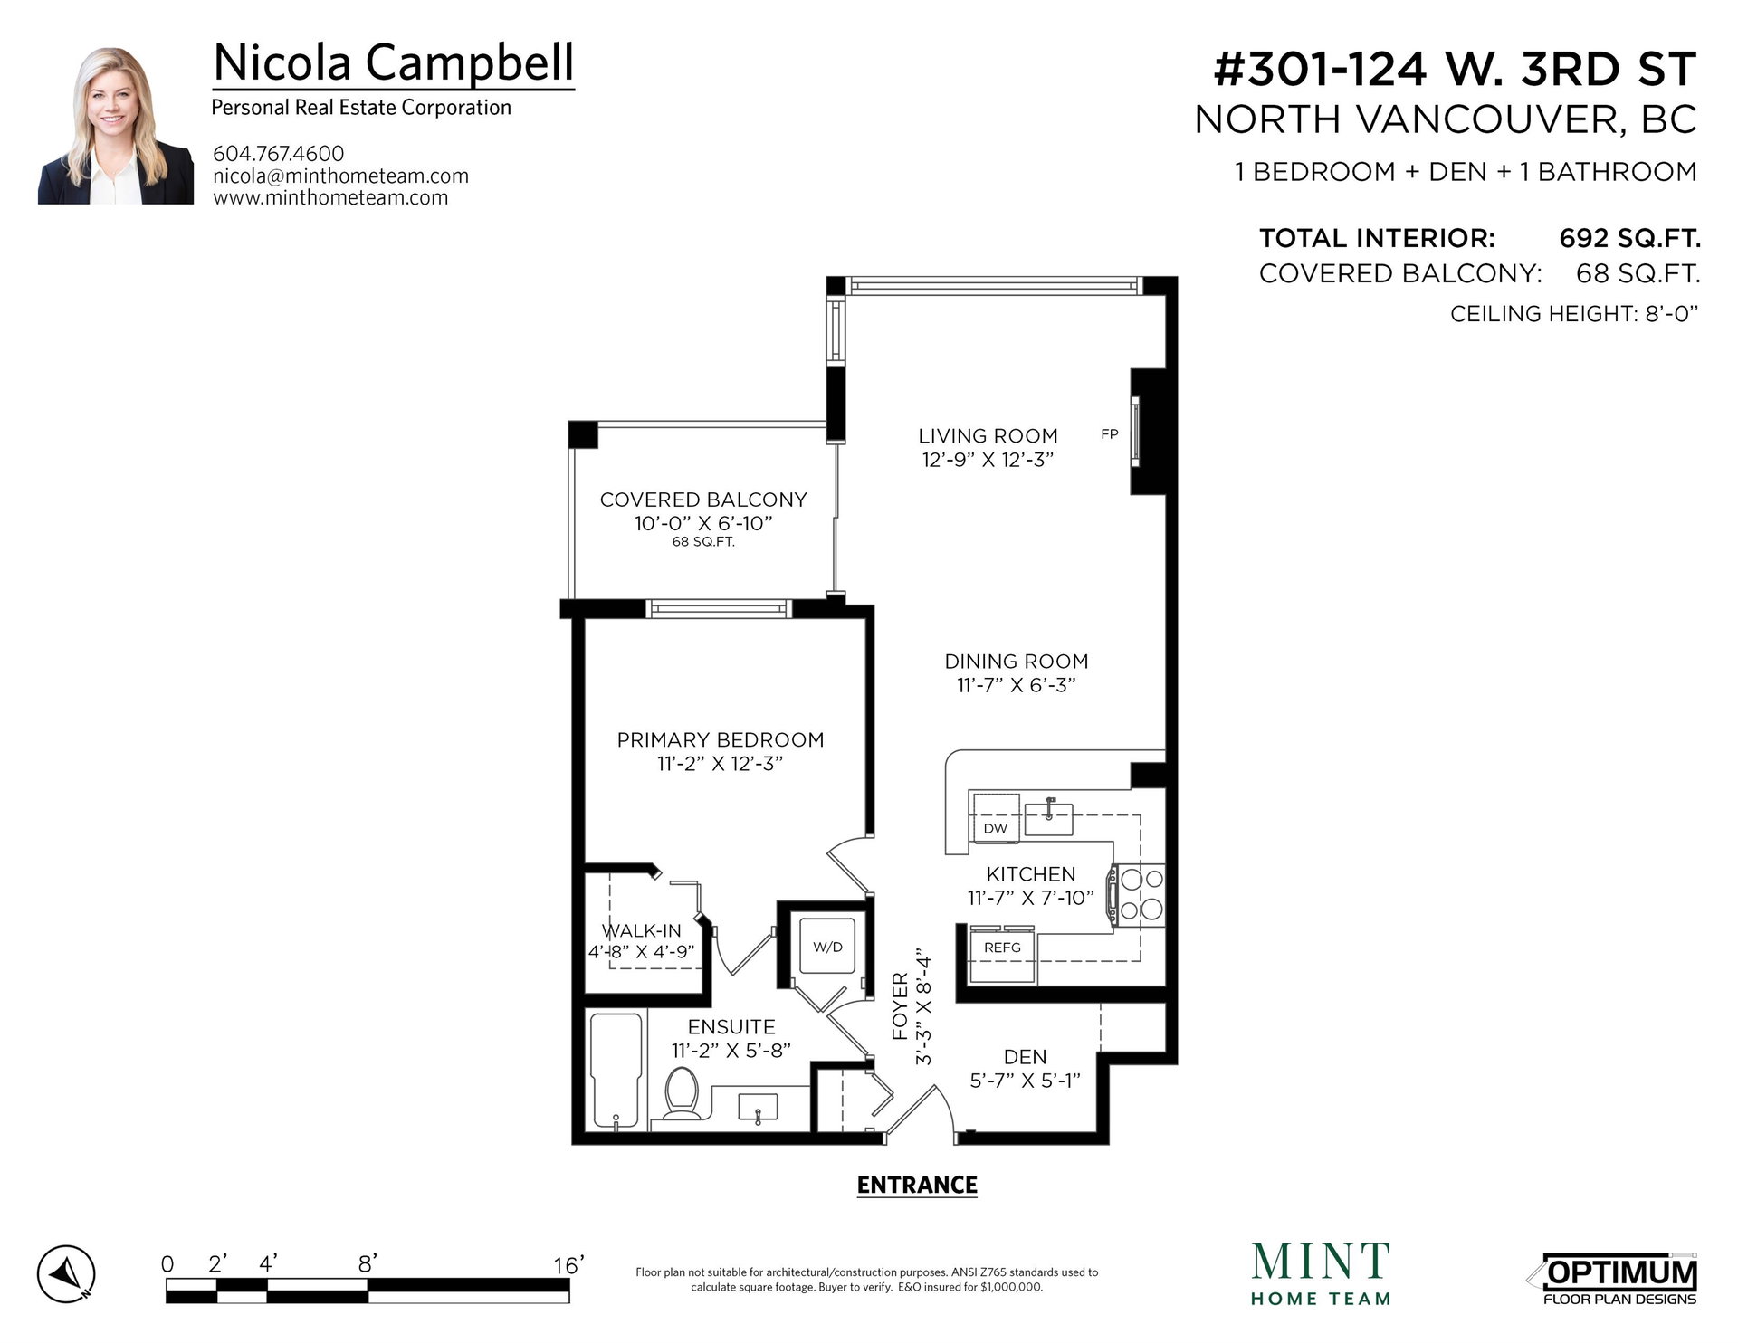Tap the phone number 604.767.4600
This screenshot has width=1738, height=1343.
(x=279, y=154)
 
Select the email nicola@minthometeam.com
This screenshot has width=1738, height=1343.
(x=341, y=176)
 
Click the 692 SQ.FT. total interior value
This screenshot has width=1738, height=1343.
(x=1629, y=238)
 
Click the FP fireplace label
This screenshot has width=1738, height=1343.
(x=1110, y=434)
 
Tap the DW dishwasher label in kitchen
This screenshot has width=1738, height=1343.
(x=995, y=828)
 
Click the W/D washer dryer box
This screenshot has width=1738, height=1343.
(x=827, y=947)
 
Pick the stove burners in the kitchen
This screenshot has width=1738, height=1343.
(x=1141, y=894)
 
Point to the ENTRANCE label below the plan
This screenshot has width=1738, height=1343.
(x=917, y=1186)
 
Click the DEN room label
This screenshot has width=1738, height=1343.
(x=1026, y=1057)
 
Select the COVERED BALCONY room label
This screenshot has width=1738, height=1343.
(x=703, y=500)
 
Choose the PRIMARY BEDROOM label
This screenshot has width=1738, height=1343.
(x=721, y=740)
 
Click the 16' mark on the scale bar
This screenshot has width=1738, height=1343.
(x=569, y=1264)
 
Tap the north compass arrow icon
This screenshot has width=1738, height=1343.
(x=65, y=1273)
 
